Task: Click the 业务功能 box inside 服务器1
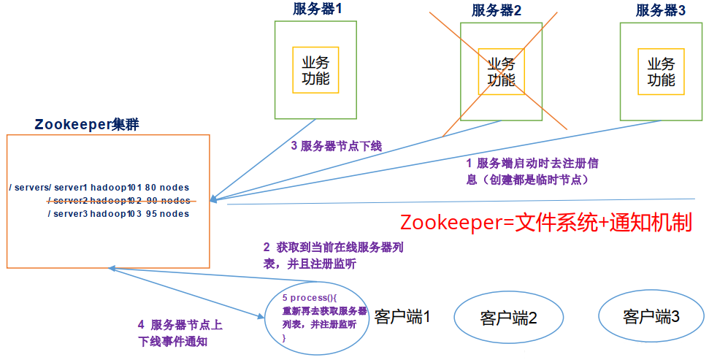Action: coord(315,70)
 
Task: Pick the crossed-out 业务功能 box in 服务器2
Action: coord(501,72)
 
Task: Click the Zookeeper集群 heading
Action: coord(87,125)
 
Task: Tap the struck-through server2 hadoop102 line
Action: coord(119,201)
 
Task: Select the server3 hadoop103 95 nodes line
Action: coord(118,214)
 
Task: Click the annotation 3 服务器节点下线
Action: coord(336,146)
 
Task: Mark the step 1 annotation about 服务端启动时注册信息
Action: coord(532,171)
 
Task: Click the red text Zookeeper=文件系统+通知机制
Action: coord(545,222)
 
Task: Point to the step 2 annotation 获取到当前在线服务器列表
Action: coord(333,256)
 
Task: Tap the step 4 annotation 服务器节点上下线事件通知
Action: coord(180,333)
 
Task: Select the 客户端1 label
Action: coord(402,316)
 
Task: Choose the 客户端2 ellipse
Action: coord(508,318)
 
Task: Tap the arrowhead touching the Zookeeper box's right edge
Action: coord(214,199)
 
